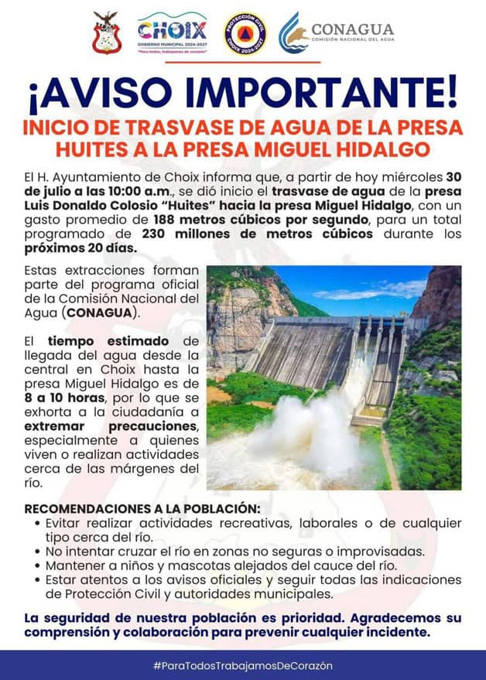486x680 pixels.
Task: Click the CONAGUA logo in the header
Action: pyautogui.click(x=336, y=34)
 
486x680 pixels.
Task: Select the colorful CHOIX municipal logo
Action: pyautogui.click(x=172, y=34)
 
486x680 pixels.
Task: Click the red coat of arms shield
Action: pyautogui.click(x=106, y=34)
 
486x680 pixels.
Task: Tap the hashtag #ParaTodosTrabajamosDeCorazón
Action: pyautogui.click(x=242, y=665)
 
